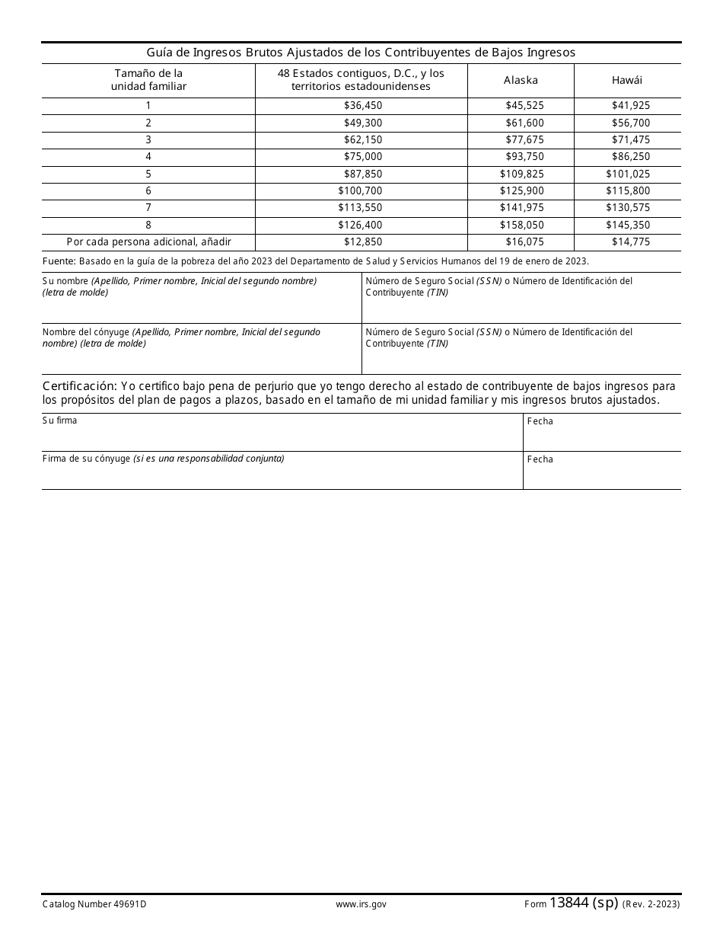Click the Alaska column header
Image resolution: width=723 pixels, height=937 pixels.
tap(521, 80)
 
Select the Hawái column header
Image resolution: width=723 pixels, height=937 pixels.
tap(627, 80)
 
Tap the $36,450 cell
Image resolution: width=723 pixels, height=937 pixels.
tap(363, 106)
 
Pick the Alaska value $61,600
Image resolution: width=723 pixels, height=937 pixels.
tap(524, 123)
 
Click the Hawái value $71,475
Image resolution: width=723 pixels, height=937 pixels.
tap(631, 139)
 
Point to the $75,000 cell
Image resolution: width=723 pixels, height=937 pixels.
tap(363, 157)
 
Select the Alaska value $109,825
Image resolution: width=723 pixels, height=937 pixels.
tap(521, 174)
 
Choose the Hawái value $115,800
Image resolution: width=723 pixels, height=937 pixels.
tap(628, 190)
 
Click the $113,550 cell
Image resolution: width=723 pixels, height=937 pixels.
tap(360, 207)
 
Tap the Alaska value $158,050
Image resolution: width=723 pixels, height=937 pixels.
tap(521, 225)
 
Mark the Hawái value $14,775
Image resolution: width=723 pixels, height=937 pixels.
tap(631, 241)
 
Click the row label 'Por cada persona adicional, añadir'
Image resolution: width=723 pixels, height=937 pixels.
tap(148, 241)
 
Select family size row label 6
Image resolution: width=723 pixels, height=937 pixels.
tap(148, 190)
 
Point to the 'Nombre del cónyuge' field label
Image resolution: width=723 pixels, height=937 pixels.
tap(87, 332)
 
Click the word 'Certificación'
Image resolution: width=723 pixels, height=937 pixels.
tap(79, 386)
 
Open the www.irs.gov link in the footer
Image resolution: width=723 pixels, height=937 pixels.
tap(361, 904)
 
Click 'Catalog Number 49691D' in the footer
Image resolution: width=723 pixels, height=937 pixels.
tap(94, 904)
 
